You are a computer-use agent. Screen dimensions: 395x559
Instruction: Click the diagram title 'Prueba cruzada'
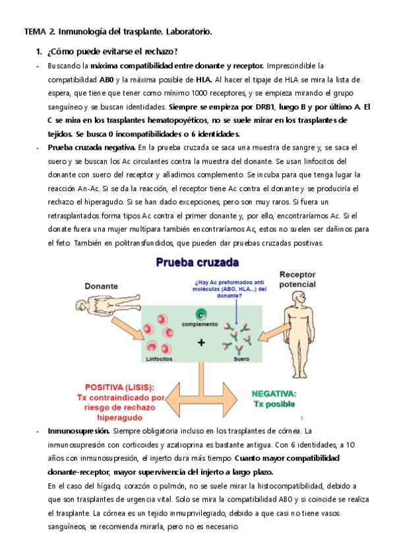198,262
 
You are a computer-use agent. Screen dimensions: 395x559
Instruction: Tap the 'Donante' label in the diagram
102,286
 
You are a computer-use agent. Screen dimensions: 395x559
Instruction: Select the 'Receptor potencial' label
297,279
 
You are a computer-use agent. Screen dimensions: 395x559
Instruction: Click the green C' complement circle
201,315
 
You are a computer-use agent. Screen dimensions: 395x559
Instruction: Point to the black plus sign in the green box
201,343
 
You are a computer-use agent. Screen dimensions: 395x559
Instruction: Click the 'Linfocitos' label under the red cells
159,359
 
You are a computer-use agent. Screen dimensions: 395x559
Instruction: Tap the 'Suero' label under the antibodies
241,359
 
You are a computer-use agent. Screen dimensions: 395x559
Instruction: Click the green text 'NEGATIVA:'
274,394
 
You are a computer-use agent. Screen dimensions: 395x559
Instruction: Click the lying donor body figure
108,304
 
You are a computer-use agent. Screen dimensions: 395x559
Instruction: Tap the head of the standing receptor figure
299,297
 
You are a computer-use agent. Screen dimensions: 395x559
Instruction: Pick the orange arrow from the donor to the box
127,328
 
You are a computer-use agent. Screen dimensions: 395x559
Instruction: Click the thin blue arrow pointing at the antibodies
236,312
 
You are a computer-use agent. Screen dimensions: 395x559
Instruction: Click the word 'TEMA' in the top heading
35,32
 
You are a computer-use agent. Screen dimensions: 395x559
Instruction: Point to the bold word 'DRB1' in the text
265,107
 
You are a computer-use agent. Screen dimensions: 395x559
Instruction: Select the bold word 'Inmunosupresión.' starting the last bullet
78,431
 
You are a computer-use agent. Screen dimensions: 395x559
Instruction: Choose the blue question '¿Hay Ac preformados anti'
229,282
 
